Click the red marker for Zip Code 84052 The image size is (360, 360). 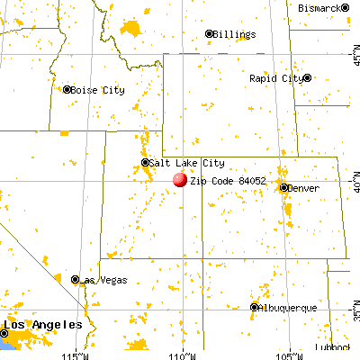click(180, 179)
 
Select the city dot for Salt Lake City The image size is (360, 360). click(146, 163)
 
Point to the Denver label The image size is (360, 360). click(302, 188)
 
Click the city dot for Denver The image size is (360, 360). click(284, 188)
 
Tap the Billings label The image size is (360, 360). click(234, 34)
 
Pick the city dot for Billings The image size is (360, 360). click(211, 34)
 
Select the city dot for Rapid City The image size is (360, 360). click(308, 78)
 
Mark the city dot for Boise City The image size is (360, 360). click(67, 89)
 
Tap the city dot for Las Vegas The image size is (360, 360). click(76, 280)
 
